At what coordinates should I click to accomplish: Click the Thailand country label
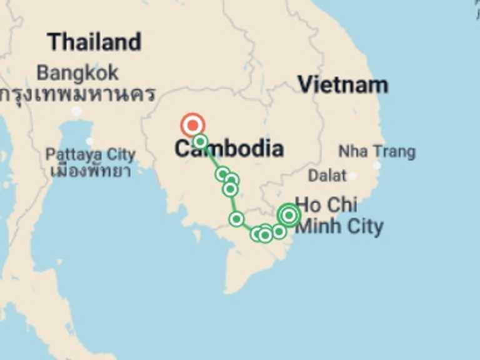[94, 42]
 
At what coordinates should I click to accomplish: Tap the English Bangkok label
[77, 72]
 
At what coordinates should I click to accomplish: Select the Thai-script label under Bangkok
[77, 94]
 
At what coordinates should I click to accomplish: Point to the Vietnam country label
[342, 84]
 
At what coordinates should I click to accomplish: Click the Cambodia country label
[229, 149]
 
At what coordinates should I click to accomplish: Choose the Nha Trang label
[376, 151]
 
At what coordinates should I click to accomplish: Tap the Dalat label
[327, 176]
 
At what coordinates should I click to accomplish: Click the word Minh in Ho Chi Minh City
[317, 226]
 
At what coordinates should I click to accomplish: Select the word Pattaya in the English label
[69, 154]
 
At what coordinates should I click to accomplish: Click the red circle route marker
[192, 125]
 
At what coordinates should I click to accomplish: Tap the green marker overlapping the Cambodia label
[200, 142]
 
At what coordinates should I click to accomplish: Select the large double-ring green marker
[289, 215]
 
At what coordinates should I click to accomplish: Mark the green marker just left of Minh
[279, 231]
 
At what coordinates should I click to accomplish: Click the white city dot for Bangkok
[76, 111]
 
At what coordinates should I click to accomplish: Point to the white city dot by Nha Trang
[377, 165]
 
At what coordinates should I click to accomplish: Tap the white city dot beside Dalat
[352, 176]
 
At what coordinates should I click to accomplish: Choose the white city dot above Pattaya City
[89, 142]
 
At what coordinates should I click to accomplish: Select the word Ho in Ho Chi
[306, 204]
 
